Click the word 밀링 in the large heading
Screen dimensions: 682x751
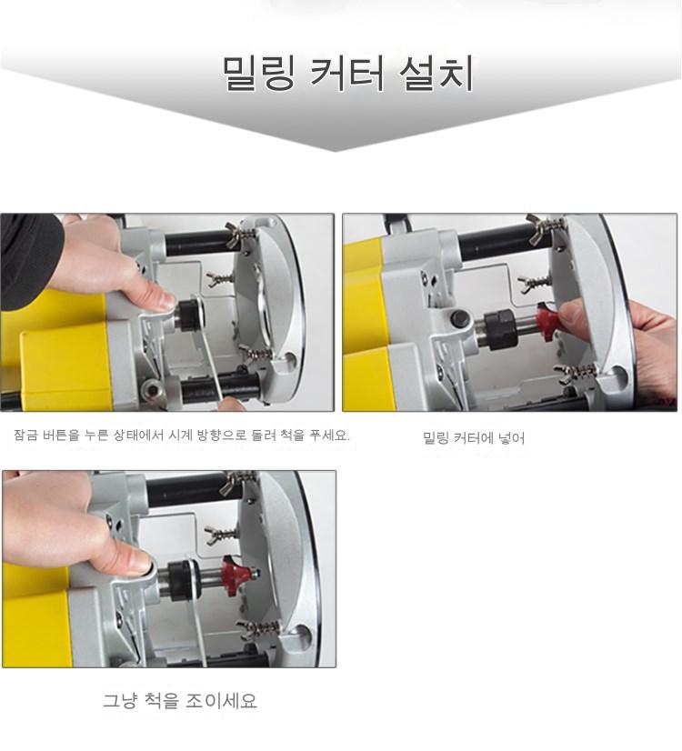[258, 74]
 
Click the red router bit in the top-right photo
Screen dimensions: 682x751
[547, 320]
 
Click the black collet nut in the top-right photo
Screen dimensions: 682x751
[500, 328]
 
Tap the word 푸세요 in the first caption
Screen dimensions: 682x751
[329, 435]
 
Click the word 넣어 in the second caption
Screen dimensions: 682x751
[512, 437]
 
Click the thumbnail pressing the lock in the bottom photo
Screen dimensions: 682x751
[140, 562]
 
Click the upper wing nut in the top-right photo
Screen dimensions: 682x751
[539, 225]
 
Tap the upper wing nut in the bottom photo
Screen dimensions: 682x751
[234, 484]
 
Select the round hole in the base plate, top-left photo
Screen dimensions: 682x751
[290, 359]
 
